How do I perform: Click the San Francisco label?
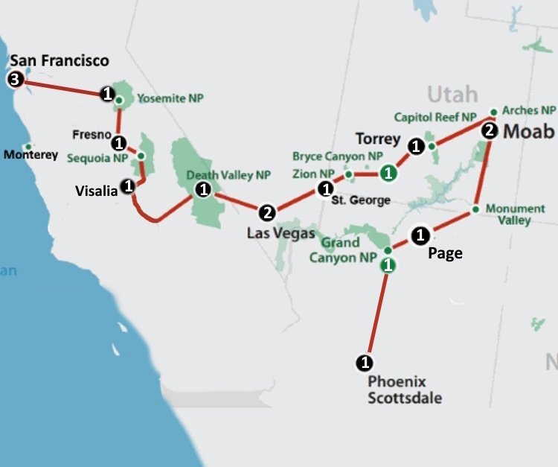[59, 61]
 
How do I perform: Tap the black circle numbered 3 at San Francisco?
[14, 79]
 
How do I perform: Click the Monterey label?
[31, 155]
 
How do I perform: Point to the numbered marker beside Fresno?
[119, 142]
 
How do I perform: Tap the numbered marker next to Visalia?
[128, 185]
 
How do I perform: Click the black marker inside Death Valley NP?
[202, 189]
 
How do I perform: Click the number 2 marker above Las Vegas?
[268, 212]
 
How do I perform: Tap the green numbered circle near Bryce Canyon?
[387, 174]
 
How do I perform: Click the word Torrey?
[378, 139]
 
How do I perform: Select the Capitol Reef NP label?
[434, 117]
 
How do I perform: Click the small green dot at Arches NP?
[493, 112]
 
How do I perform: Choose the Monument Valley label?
[509, 215]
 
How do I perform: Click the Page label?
[445, 253]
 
